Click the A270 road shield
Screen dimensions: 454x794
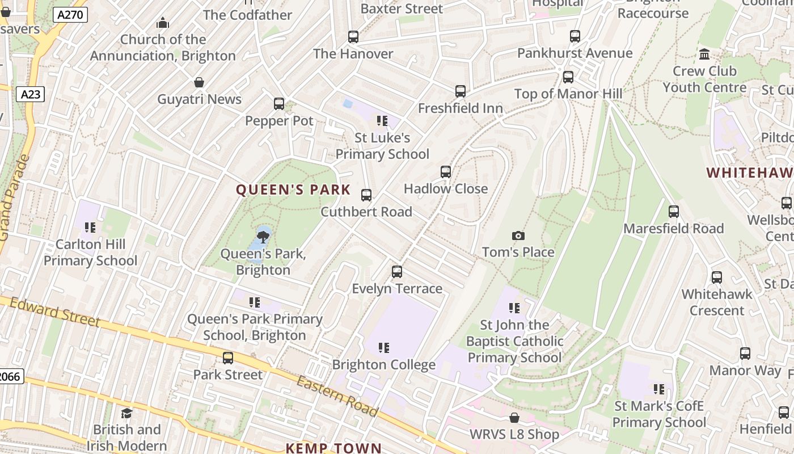pos(71,15)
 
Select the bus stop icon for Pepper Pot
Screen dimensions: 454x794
pos(279,104)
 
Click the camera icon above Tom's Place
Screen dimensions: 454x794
pos(518,236)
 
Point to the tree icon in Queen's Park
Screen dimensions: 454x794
pos(263,236)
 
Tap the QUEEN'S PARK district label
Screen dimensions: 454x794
pos(293,190)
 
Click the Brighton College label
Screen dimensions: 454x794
pos(384,364)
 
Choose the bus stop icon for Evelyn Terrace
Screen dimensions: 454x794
pos(397,272)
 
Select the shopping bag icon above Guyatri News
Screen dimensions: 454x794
pos(199,82)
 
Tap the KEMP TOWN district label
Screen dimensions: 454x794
pos(333,448)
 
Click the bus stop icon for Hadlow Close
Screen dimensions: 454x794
pos(446,172)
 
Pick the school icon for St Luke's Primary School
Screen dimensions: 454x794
pos(382,121)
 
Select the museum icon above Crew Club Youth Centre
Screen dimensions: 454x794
pos(704,54)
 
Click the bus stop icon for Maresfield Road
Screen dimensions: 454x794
pos(674,212)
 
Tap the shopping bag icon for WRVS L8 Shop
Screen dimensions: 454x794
pos(514,418)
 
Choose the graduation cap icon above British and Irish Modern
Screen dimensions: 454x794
pos(127,413)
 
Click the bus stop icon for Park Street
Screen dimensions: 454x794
pos(228,358)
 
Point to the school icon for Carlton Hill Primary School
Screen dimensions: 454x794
pos(90,228)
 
